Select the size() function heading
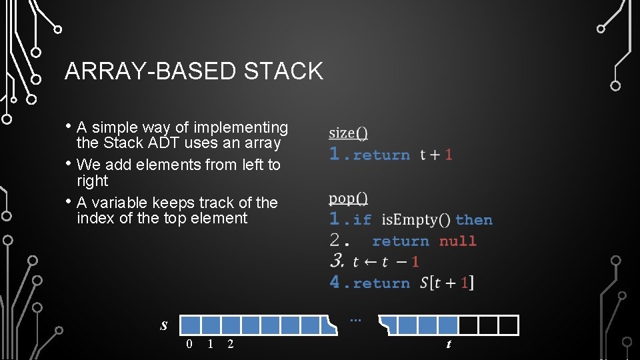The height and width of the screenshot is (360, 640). [x=348, y=133]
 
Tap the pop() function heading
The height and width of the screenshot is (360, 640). [x=348, y=198]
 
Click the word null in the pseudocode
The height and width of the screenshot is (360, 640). [x=458, y=241]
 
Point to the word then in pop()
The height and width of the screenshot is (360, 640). [x=474, y=220]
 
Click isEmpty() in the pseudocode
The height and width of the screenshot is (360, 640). [x=416, y=220]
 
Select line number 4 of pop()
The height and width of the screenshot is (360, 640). [x=335, y=283]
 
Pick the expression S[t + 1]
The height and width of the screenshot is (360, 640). [x=447, y=283]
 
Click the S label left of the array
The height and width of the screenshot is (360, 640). [x=164, y=326]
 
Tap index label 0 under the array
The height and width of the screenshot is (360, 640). [x=190, y=344]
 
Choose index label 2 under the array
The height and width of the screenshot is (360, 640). [x=231, y=344]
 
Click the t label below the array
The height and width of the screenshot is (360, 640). [x=449, y=344]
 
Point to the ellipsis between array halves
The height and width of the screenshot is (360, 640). [x=355, y=320]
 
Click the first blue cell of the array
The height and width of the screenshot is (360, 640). [x=191, y=325]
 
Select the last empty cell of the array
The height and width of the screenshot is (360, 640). [x=509, y=325]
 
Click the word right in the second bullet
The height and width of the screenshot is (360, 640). [x=92, y=181]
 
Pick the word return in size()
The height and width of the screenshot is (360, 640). [x=381, y=155]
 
